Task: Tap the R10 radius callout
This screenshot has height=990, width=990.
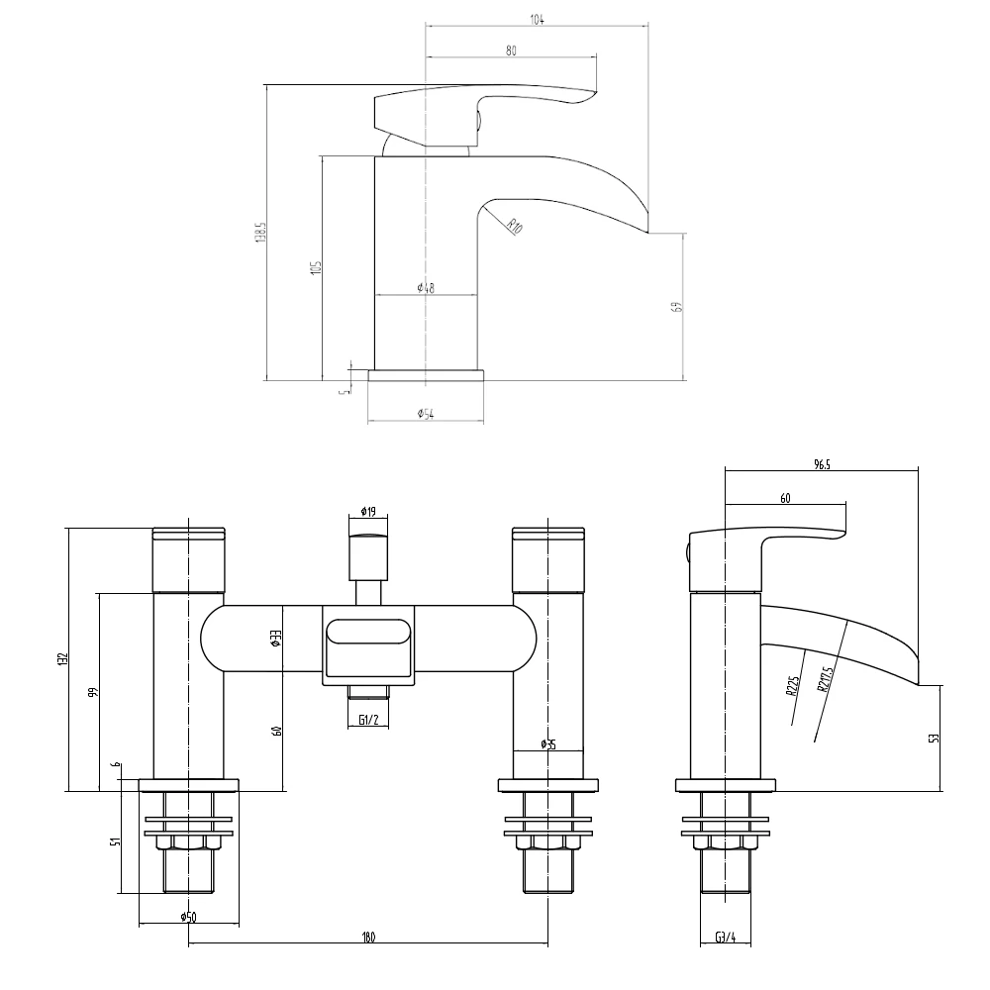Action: click(x=514, y=227)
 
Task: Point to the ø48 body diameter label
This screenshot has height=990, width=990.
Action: click(x=426, y=288)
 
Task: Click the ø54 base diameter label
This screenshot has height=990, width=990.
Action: click(x=425, y=413)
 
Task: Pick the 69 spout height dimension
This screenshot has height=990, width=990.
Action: click(x=677, y=306)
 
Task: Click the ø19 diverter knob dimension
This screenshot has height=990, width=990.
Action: click(x=367, y=512)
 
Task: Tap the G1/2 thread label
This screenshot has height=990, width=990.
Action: click(x=366, y=720)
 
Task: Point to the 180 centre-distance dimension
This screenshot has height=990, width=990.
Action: click(x=367, y=938)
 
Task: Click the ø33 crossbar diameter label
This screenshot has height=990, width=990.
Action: click(x=276, y=640)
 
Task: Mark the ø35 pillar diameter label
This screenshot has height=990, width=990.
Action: click(x=547, y=744)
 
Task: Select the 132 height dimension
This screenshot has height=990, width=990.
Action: click(x=61, y=659)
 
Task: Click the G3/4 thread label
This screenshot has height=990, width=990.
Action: click(x=725, y=938)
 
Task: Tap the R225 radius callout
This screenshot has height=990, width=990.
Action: click(x=793, y=686)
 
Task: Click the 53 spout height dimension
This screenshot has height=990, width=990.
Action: click(x=935, y=738)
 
